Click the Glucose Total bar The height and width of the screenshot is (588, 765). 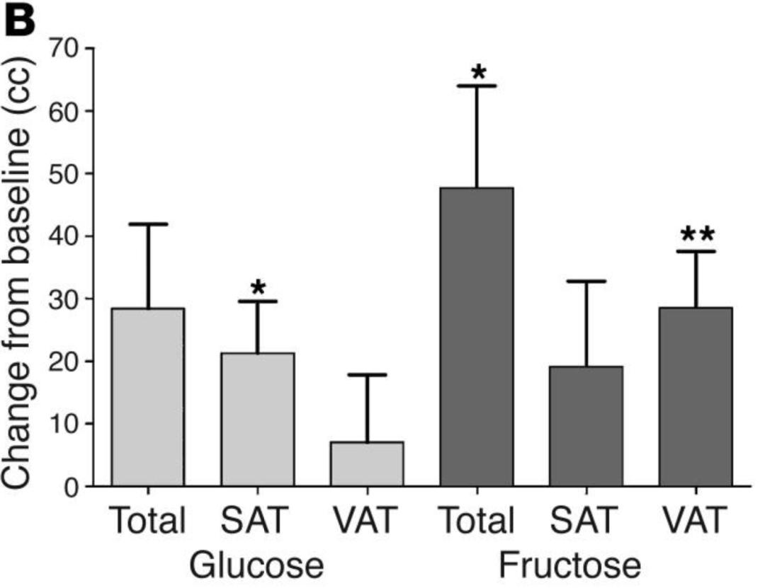[148, 397]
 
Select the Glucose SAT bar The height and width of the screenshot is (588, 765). [258, 420]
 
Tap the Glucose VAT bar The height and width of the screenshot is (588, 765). [368, 463]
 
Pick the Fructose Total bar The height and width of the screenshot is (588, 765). [477, 336]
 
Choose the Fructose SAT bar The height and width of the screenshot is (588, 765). [586, 426]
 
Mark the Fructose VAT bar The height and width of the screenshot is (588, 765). [696, 396]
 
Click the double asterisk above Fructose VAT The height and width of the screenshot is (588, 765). [698, 235]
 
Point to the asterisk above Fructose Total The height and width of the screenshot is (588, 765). [479, 73]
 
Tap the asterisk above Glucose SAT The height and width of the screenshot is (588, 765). [258, 288]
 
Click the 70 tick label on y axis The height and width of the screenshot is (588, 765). [63, 50]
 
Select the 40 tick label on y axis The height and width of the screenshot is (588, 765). [63, 236]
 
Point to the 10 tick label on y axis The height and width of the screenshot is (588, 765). [63, 424]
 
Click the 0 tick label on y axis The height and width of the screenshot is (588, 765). [72, 487]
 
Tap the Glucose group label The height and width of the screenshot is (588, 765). [256, 565]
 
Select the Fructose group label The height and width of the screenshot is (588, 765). [569, 565]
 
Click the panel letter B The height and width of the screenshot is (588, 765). [20, 21]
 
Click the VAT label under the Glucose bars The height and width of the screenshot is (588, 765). [364, 520]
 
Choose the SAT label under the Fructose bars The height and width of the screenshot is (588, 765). [584, 520]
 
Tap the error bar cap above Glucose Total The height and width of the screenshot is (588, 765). [148, 224]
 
